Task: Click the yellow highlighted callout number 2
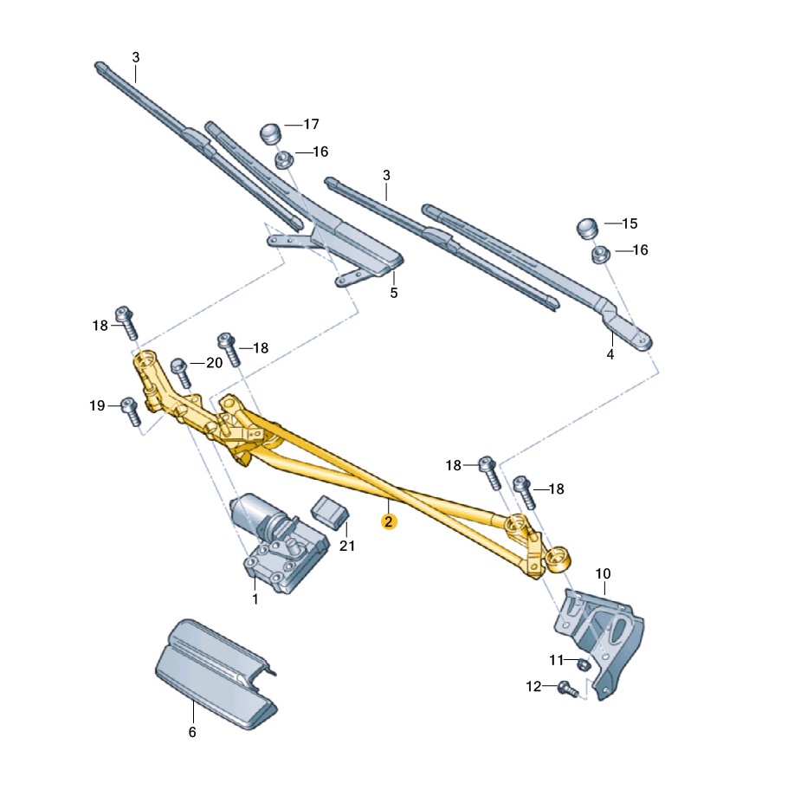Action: (390, 521)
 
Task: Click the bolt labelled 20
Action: (180, 372)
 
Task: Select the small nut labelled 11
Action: (584, 664)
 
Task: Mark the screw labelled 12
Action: (567, 689)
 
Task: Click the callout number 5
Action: (393, 293)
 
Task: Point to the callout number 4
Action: (610, 355)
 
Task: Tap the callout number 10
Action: (603, 573)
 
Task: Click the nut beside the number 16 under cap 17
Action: (282, 159)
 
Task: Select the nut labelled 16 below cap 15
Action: (598, 255)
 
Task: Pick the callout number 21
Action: (347, 546)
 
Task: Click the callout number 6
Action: (192, 732)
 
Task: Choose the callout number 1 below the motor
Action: (255, 599)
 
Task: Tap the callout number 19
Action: (97, 405)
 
